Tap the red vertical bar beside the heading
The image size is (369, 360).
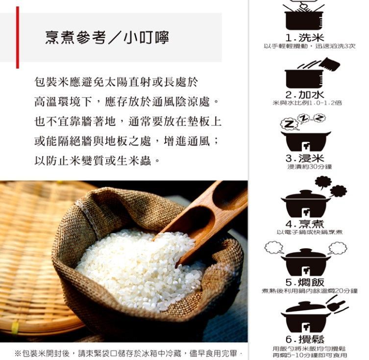[18, 37]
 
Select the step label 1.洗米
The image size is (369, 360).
[305, 38]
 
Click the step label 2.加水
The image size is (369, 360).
[305, 94]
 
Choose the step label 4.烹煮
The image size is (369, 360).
[305, 224]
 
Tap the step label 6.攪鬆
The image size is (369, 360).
[305, 339]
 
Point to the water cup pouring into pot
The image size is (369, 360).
[329, 64]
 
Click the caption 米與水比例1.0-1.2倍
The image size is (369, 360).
[307, 103]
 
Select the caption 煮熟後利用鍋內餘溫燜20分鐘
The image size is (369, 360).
[309, 291]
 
